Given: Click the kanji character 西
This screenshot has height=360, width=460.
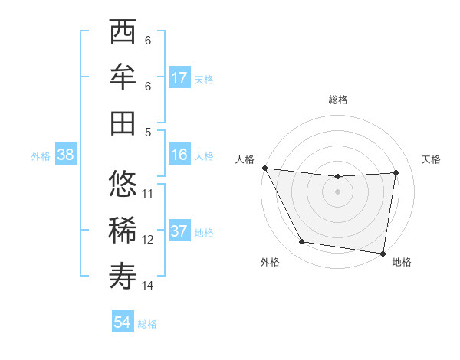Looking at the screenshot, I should (x=123, y=33).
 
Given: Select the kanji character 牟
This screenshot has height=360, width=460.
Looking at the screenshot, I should (x=123, y=77).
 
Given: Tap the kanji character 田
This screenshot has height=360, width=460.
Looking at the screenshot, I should (x=123, y=122).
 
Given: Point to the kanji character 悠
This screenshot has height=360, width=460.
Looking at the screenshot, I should (x=123, y=185).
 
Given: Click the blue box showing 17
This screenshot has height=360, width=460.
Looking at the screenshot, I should (x=179, y=78).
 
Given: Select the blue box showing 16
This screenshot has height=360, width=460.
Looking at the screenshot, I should (x=179, y=155).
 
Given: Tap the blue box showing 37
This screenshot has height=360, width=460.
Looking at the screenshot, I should (x=179, y=231).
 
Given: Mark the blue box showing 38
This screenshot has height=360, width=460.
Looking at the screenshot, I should (x=66, y=155).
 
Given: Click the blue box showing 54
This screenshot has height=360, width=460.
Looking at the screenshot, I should (x=123, y=322).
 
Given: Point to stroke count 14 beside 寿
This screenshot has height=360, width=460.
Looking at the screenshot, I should (x=148, y=286).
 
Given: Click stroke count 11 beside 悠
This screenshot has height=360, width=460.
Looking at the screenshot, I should (x=148, y=194).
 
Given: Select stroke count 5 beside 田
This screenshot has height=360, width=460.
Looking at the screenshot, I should (x=148, y=132).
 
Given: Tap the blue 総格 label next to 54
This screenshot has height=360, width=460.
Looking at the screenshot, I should (x=148, y=324).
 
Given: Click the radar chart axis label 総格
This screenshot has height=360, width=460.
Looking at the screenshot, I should (x=338, y=100).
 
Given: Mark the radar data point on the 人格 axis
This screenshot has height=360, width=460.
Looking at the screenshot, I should (x=264, y=168).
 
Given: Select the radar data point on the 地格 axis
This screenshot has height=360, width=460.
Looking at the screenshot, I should (x=383, y=253).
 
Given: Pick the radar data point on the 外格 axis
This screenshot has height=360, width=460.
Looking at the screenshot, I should (x=302, y=243).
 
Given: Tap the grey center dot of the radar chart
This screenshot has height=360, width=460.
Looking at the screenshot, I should (x=337, y=191).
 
